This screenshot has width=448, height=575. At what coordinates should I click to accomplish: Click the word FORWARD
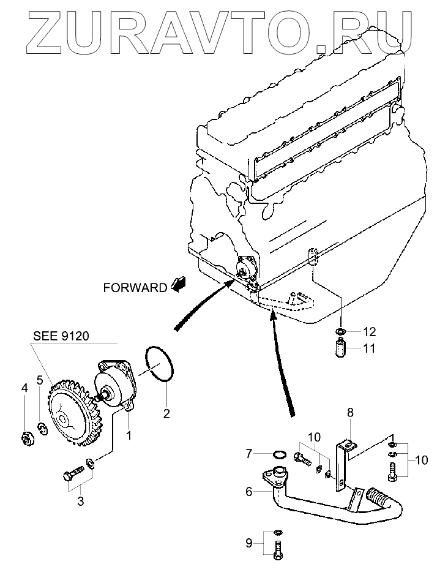(x=135, y=287)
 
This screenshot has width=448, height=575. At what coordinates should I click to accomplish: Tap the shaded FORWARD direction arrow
(x=179, y=283)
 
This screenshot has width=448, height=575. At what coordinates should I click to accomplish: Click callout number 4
(x=24, y=388)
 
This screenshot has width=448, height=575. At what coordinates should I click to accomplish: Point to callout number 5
(x=40, y=380)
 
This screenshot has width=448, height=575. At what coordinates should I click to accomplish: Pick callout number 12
(x=370, y=333)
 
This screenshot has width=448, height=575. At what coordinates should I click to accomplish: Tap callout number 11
(x=370, y=350)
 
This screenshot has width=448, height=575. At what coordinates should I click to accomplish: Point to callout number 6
(x=249, y=491)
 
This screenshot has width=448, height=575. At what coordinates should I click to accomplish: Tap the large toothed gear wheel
(x=67, y=413)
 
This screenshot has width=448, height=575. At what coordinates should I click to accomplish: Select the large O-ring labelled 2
(x=161, y=366)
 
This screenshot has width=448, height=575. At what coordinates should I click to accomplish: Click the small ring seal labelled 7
(x=279, y=454)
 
